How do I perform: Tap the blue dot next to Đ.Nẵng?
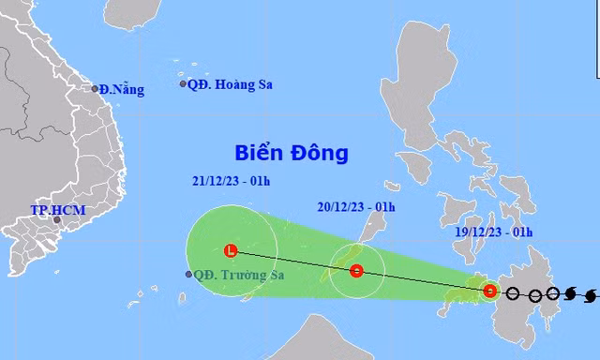point(96,89)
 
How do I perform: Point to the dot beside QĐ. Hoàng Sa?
point(184,84)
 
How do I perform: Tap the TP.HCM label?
point(57,210)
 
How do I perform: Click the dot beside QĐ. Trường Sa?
point(190,275)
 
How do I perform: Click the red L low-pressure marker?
point(231,250)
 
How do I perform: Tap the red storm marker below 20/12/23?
point(356,272)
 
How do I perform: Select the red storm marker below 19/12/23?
point(490,291)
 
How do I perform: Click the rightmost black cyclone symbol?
point(590,296)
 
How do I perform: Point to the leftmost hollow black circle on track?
point(514,293)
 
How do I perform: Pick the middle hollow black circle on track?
point(535,295)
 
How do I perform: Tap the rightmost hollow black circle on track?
point(553,294)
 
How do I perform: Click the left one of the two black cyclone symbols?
point(571,295)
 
